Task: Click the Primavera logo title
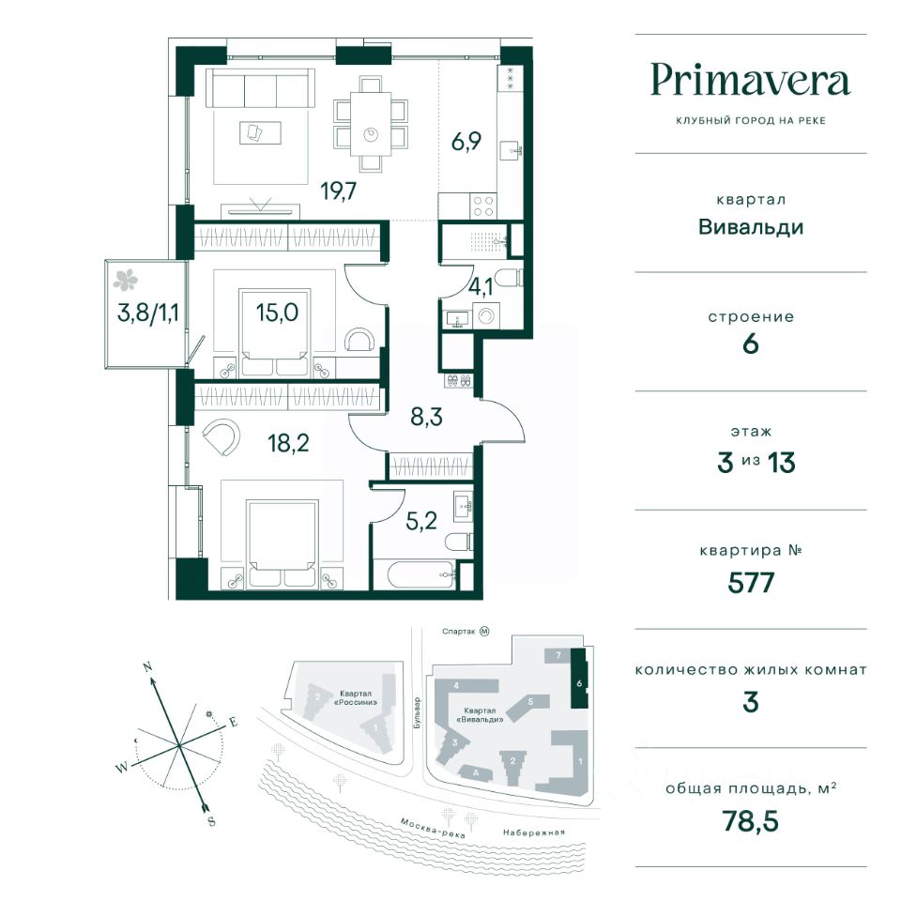pyautogui.click(x=750, y=81)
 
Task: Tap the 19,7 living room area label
pyautogui.click(x=339, y=191)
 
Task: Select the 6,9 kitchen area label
pyautogui.click(x=466, y=141)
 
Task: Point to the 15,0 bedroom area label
pyautogui.click(x=277, y=313)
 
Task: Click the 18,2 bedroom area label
pyautogui.click(x=288, y=443)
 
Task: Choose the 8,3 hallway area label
pyautogui.click(x=426, y=416)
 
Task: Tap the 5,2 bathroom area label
pyautogui.click(x=421, y=521)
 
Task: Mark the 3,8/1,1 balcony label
pyautogui.click(x=147, y=313)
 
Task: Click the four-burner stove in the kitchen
pyautogui.click(x=483, y=206)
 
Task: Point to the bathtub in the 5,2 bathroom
pyautogui.click(x=416, y=573)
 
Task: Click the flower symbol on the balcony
pyautogui.click(x=125, y=281)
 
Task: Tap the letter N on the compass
pyautogui.click(x=147, y=667)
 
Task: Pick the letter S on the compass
pyautogui.click(x=211, y=821)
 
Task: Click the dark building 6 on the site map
pyautogui.click(x=579, y=679)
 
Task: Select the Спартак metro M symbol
pyautogui.click(x=484, y=631)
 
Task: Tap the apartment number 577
pyautogui.click(x=751, y=583)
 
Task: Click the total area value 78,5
pyautogui.click(x=751, y=821)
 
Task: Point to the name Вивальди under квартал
pyautogui.click(x=751, y=227)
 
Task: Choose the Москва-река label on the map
pyautogui.click(x=432, y=828)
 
